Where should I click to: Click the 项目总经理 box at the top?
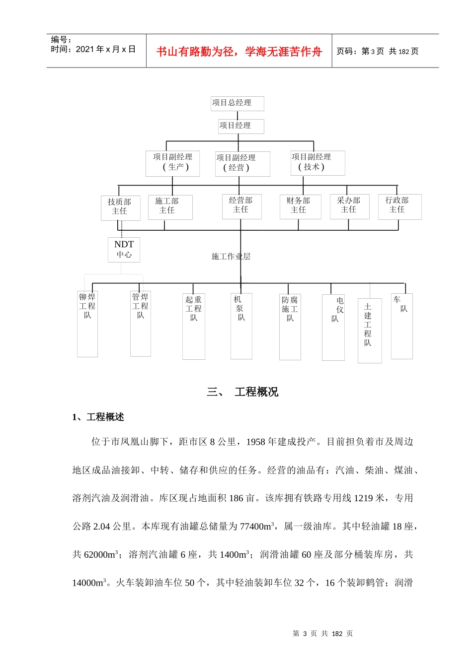237,103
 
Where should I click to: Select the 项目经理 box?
241,126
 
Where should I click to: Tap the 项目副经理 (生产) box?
172,163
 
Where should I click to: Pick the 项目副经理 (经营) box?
242,164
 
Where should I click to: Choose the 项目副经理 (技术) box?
317,163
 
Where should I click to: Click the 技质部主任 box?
120,207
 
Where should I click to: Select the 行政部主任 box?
399,206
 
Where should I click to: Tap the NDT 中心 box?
124,249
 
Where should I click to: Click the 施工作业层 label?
231,257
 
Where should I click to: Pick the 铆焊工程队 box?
87,323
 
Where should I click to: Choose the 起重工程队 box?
194,326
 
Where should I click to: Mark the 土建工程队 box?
370,330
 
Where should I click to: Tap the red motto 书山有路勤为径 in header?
239,52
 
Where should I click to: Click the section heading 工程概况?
256,392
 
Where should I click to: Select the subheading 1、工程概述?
98,417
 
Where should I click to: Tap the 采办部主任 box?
350,206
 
